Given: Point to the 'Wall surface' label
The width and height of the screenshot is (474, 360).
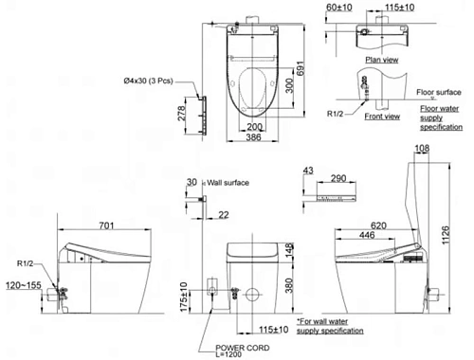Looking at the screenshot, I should click(228, 182).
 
